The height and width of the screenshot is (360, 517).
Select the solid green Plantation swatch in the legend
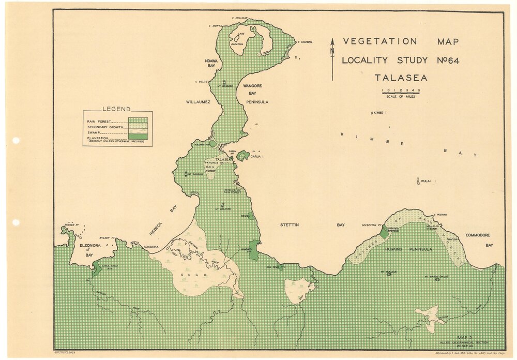click(x=138, y=137)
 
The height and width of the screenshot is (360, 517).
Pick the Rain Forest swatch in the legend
click(x=138, y=120)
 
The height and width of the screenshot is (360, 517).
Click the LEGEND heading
click(x=116, y=109)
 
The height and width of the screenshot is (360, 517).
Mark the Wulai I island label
click(x=427, y=181)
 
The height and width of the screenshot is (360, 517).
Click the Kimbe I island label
click(x=380, y=112)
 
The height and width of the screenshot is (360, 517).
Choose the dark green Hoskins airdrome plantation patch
click(x=384, y=233)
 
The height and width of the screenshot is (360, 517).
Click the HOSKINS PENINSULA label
click(x=408, y=249)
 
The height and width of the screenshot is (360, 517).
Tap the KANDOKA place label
click(x=150, y=247)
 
